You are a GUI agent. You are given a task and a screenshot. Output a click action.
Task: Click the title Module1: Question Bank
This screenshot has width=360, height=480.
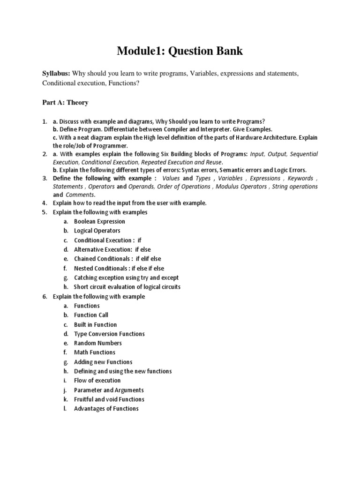click(x=180, y=51)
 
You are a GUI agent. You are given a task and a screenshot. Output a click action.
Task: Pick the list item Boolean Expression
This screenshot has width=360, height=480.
click(x=99, y=221)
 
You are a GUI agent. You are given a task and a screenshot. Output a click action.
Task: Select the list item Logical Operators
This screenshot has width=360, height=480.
click(x=97, y=231)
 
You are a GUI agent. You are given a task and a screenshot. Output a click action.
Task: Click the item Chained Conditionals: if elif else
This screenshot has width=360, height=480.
click(x=117, y=259)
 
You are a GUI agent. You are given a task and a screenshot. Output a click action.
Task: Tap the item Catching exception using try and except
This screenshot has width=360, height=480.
click(x=126, y=277)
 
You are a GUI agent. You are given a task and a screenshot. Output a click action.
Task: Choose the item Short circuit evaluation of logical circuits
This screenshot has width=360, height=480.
click(x=127, y=287)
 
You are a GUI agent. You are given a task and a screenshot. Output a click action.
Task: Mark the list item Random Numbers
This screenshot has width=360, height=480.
click(x=97, y=343)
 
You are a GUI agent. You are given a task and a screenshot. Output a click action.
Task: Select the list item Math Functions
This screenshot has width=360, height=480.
click(x=94, y=352)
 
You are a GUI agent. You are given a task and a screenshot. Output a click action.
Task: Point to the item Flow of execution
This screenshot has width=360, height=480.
click(x=97, y=381)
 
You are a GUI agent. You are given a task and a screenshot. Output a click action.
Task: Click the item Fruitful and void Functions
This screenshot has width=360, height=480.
click(x=109, y=399)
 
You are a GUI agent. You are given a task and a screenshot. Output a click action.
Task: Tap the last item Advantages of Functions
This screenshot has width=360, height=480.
click(x=106, y=409)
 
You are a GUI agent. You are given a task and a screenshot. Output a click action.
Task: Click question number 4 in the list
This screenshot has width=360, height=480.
click(x=44, y=203)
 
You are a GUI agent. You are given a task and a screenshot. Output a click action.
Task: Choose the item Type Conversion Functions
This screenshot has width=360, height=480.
click(x=109, y=334)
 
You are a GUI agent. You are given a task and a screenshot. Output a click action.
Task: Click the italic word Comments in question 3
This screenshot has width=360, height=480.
click(x=80, y=195)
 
